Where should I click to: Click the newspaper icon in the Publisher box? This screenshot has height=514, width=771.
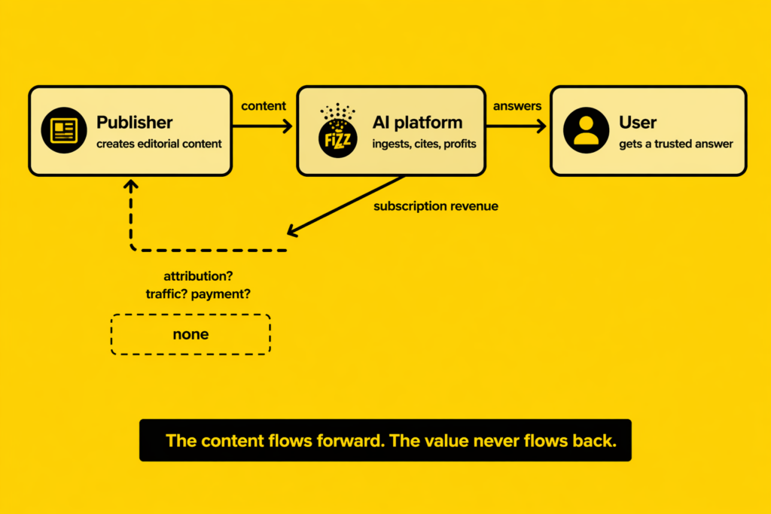pos(64,130)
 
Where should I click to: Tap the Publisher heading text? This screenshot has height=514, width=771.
pos(134,122)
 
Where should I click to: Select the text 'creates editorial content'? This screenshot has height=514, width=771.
pos(159,144)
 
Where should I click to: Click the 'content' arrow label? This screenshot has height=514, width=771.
pos(264,106)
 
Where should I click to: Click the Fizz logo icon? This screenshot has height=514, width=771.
pos(337,131)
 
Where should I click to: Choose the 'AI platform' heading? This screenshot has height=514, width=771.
pos(417,122)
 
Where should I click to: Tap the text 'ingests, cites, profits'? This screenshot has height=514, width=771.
pos(424,144)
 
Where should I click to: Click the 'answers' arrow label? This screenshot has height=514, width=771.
pos(517,106)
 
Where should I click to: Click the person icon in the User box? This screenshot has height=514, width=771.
pos(586,130)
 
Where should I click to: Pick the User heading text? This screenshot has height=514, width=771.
pos(638,122)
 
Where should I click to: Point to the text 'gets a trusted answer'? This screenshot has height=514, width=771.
pos(675,144)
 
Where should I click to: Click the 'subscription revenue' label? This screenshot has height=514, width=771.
pos(436,205)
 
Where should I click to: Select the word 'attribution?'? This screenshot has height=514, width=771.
pos(197,275)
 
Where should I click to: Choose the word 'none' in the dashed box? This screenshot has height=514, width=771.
pos(190,334)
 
